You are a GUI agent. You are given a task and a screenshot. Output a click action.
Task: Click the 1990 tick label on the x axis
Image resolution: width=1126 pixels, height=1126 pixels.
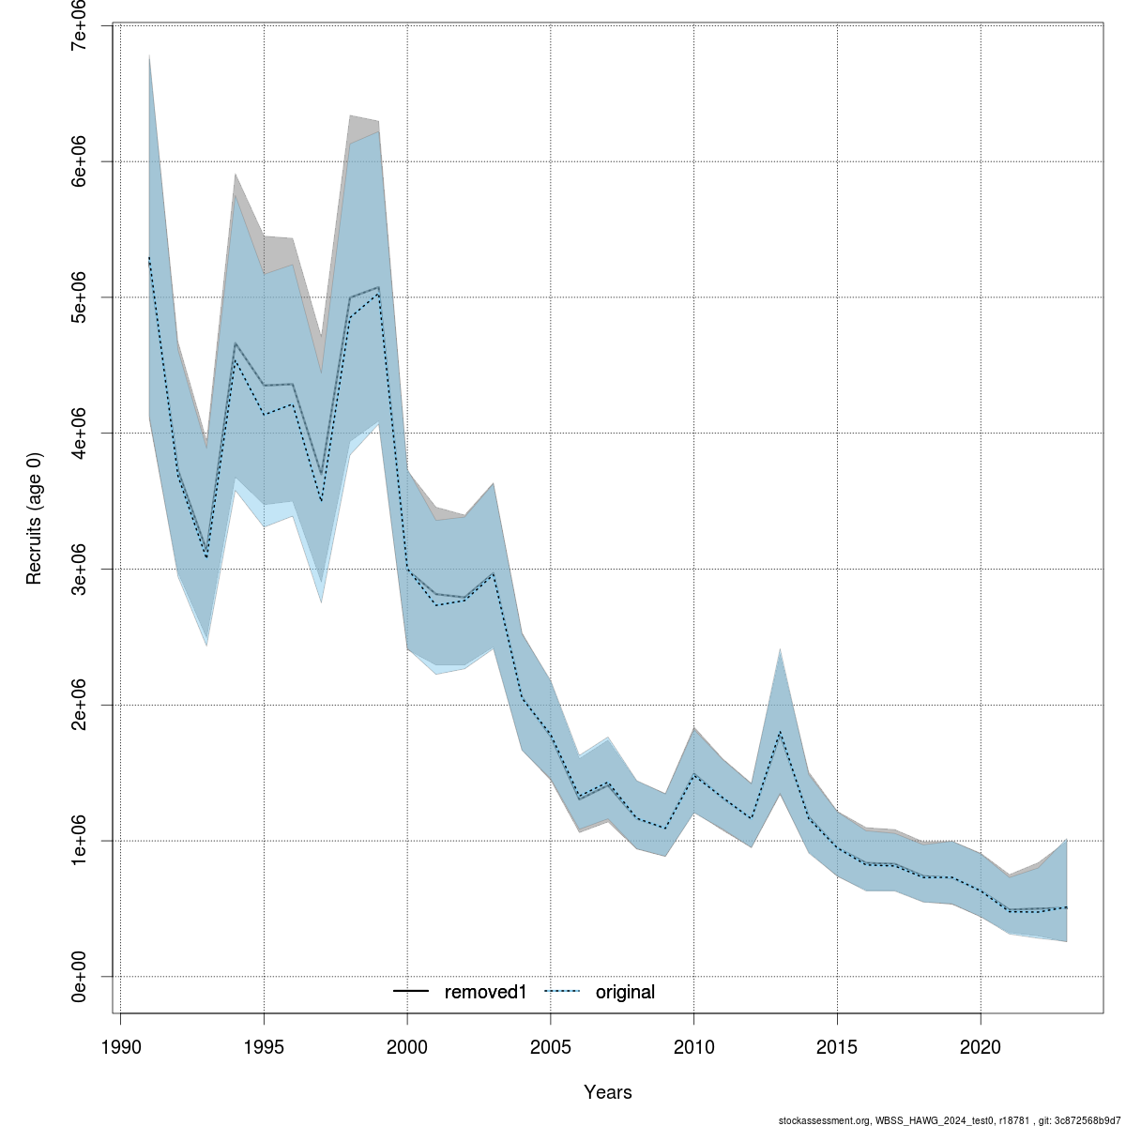pyautogui.click(x=120, y=1045)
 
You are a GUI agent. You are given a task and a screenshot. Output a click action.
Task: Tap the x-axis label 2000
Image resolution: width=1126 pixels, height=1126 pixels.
pyautogui.click(x=407, y=1045)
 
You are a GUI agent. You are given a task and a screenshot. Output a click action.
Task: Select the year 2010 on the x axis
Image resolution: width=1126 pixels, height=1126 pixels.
pyautogui.click(x=693, y=1045)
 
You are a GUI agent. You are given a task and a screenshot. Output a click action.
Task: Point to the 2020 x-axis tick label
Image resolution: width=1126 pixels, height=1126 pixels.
pyautogui.click(x=981, y=1045)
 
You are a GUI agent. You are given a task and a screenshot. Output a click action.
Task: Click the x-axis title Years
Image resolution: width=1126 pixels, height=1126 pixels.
pyautogui.click(x=608, y=1092)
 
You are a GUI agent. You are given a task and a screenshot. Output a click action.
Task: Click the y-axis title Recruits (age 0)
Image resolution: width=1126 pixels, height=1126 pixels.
pyautogui.click(x=35, y=519)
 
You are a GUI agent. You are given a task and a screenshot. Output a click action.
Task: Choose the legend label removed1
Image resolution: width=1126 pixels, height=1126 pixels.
pyautogui.click(x=486, y=992)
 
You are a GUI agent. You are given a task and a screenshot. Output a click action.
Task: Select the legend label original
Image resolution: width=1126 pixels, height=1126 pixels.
pyautogui.click(x=625, y=992)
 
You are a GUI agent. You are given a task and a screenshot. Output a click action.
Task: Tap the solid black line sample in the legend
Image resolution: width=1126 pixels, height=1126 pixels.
pyautogui.click(x=411, y=992)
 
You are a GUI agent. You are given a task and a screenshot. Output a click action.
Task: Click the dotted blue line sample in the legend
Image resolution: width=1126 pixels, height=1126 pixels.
pyautogui.click(x=562, y=992)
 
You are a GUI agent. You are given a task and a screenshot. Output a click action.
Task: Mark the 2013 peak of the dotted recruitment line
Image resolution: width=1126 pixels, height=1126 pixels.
pyautogui.click(x=780, y=732)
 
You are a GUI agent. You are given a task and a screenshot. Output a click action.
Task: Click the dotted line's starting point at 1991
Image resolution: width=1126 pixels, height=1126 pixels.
pyautogui.click(x=149, y=258)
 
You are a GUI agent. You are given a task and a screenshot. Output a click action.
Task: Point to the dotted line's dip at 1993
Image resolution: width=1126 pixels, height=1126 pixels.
pyautogui.click(x=206, y=557)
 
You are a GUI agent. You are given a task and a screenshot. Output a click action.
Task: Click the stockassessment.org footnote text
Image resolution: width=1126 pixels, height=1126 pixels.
pyautogui.click(x=950, y=1119)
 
